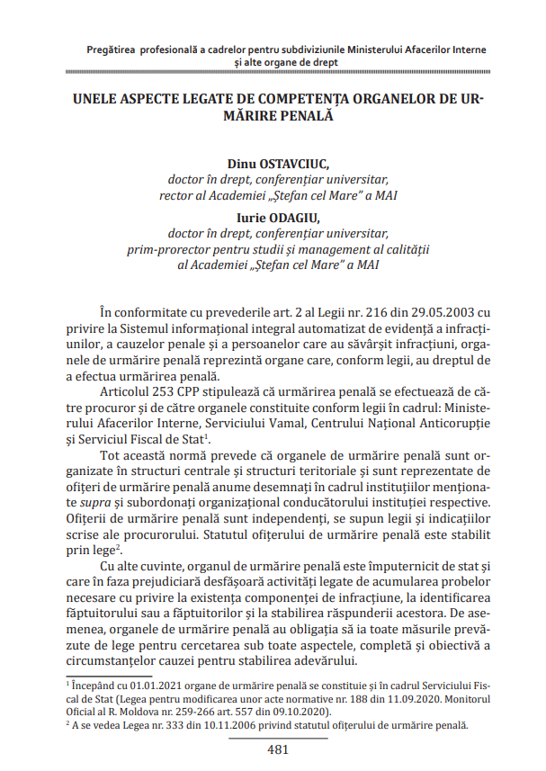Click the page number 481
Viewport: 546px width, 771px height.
[277, 749]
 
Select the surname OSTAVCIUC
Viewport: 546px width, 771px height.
[295, 165]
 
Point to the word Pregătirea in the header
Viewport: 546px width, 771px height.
[112, 50]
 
